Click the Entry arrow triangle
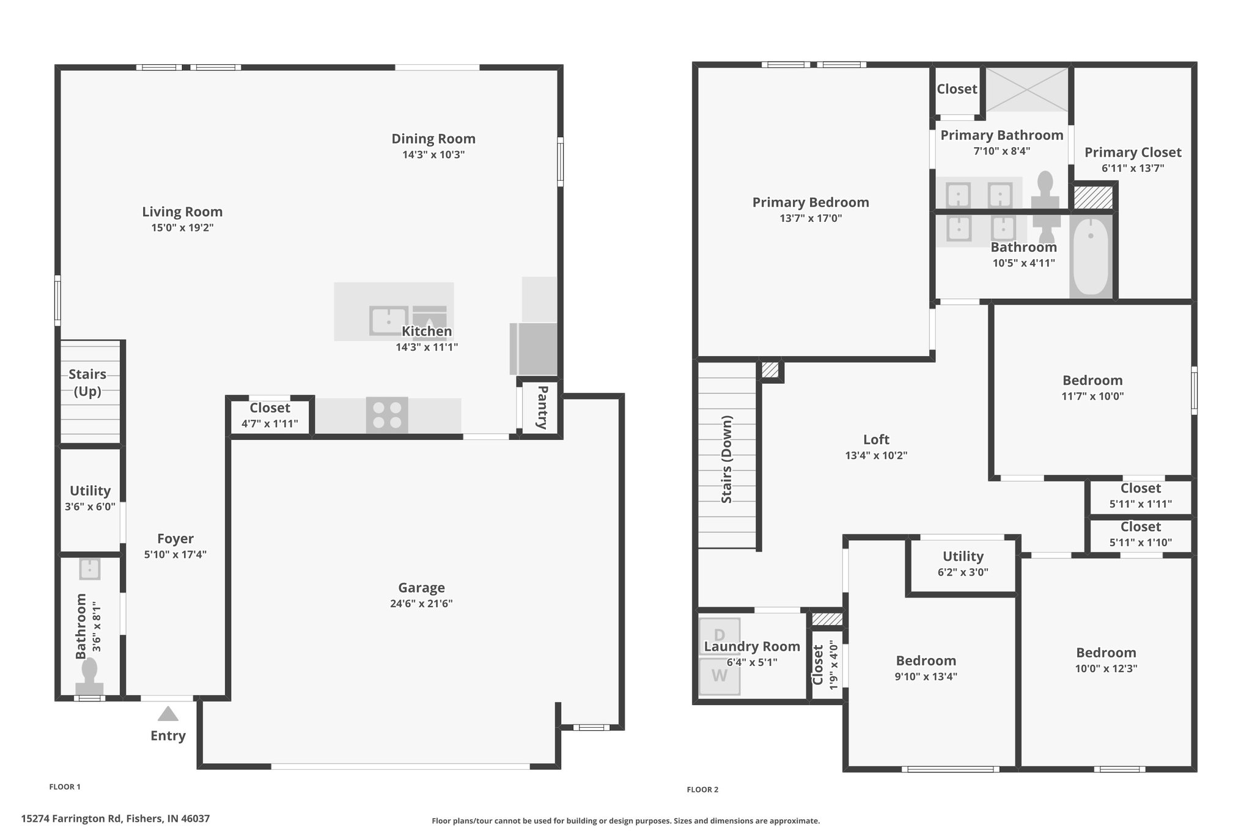[x=168, y=714]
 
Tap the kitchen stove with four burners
[x=387, y=415]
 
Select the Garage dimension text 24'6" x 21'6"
[x=421, y=604]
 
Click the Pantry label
[x=542, y=408]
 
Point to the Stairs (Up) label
[x=87, y=382]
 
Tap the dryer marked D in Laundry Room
[x=720, y=636]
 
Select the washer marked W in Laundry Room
[x=720, y=676]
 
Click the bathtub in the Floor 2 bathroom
[x=1091, y=257]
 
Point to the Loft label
[x=876, y=439]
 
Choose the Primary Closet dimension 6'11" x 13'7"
[x=1133, y=168]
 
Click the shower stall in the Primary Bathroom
[x=1027, y=90]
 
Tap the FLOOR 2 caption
[x=702, y=789]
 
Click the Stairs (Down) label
[x=727, y=459]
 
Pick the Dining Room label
[x=433, y=139]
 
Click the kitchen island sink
[x=388, y=321]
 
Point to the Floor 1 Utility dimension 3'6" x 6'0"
[x=90, y=507]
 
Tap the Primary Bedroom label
[x=811, y=202]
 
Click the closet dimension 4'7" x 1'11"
[x=270, y=423]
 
